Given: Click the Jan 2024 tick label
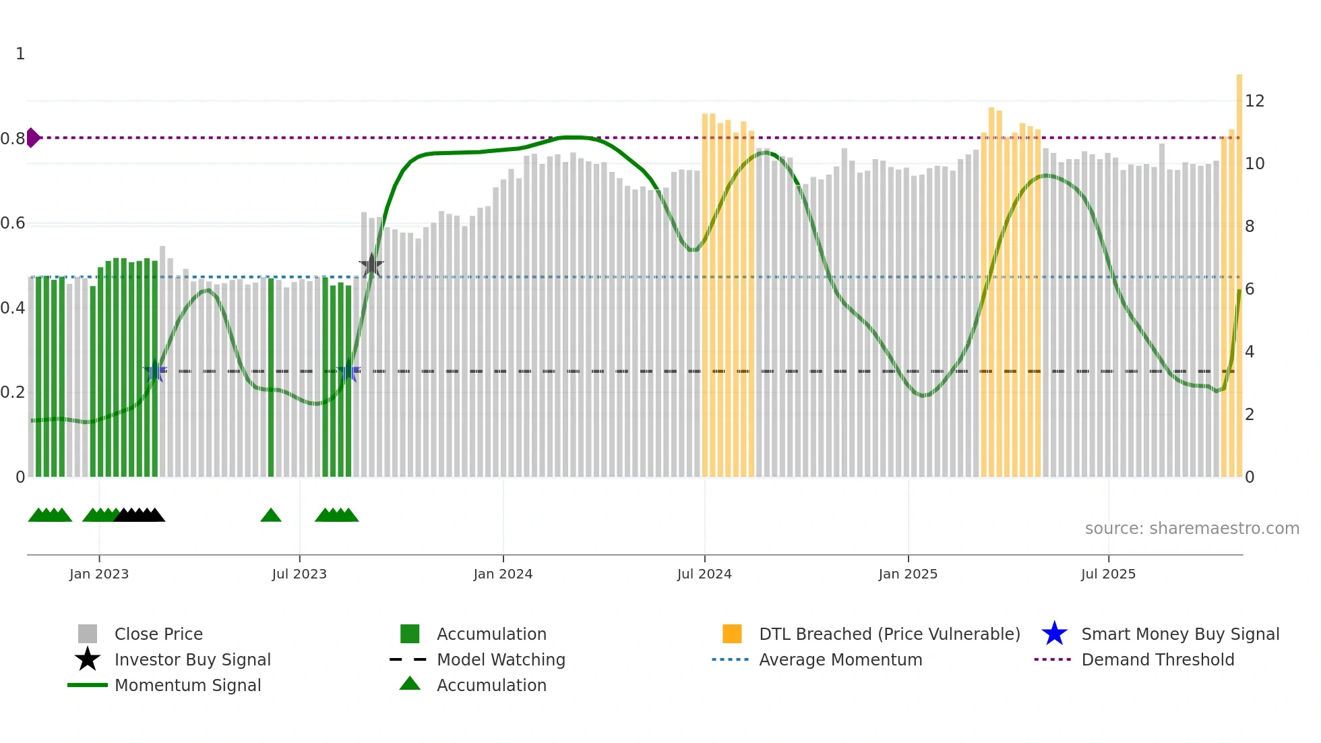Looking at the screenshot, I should pos(503,574).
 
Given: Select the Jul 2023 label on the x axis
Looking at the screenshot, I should pos(299,574).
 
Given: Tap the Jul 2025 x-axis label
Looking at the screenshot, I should pos(1108,574).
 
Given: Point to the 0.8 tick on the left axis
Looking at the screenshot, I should pos(13,139).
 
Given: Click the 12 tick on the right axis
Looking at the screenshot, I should pos(1254,101).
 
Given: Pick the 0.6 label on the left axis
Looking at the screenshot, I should pos(13,223).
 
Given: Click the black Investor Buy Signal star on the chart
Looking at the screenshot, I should pos(371,266).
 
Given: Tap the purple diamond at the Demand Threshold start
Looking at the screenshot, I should pos(32,138).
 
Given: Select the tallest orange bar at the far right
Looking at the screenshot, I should pos(1239,270).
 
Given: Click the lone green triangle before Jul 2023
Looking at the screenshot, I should pos(271,516).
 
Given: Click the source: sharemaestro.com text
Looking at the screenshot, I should pos(1192,529).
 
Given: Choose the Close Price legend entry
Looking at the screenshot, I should pos(158,634).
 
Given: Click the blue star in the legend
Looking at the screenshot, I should pos(1054,634).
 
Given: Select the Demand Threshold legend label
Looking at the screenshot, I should pos(1157,659).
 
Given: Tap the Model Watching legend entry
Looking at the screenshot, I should pos(501,659).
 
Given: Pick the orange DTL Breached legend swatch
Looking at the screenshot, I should pos(732,634).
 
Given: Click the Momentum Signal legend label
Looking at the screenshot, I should pos(187,685).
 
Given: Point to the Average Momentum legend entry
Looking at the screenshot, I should pos(840,659).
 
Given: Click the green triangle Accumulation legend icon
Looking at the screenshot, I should pos(410,684).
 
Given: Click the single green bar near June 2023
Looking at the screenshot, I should pos(271,378).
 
